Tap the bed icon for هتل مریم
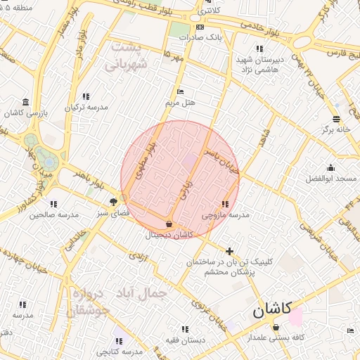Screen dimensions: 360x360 [180, 91]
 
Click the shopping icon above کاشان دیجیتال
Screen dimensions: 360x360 [169, 224]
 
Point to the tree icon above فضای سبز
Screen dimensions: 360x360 [113, 202]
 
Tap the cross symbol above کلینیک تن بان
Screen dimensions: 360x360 [229, 250]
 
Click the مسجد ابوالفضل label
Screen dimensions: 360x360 [331, 179]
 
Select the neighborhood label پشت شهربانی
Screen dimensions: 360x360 [127, 57]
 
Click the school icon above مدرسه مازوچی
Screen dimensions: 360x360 [225, 204]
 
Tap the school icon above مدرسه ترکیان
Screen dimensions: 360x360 [86, 96]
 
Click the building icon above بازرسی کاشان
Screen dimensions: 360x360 [26, 101]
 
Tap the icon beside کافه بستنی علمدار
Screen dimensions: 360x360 [276, 327]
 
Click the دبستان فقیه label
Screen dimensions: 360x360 [185, 339]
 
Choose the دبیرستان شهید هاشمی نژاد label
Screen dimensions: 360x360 [259, 65]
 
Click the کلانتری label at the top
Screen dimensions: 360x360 [208, 12]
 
